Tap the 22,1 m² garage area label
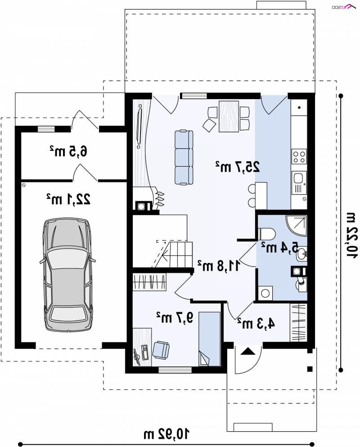click(x=69, y=199)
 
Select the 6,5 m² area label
click(x=68, y=151)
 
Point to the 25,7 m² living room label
click(x=238, y=167)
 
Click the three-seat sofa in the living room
click(x=184, y=158)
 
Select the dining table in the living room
click(x=229, y=116)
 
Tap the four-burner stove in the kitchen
click(x=299, y=157)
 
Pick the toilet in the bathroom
click(x=266, y=234)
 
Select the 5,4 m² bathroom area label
click(x=280, y=247)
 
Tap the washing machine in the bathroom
click(x=265, y=293)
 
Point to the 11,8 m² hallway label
click(x=219, y=266)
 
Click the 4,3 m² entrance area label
click(x=256, y=324)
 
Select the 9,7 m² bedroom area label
click(x=175, y=317)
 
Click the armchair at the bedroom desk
click(x=161, y=350)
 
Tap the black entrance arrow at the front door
click(x=247, y=351)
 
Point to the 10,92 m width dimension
click(x=166, y=434)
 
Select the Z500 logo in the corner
click(x=344, y=7)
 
